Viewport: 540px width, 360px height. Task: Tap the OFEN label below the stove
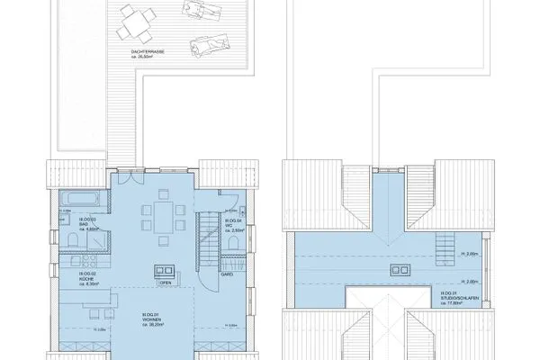[x=166, y=282]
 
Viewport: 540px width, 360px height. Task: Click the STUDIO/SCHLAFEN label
[x=454, y=299]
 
